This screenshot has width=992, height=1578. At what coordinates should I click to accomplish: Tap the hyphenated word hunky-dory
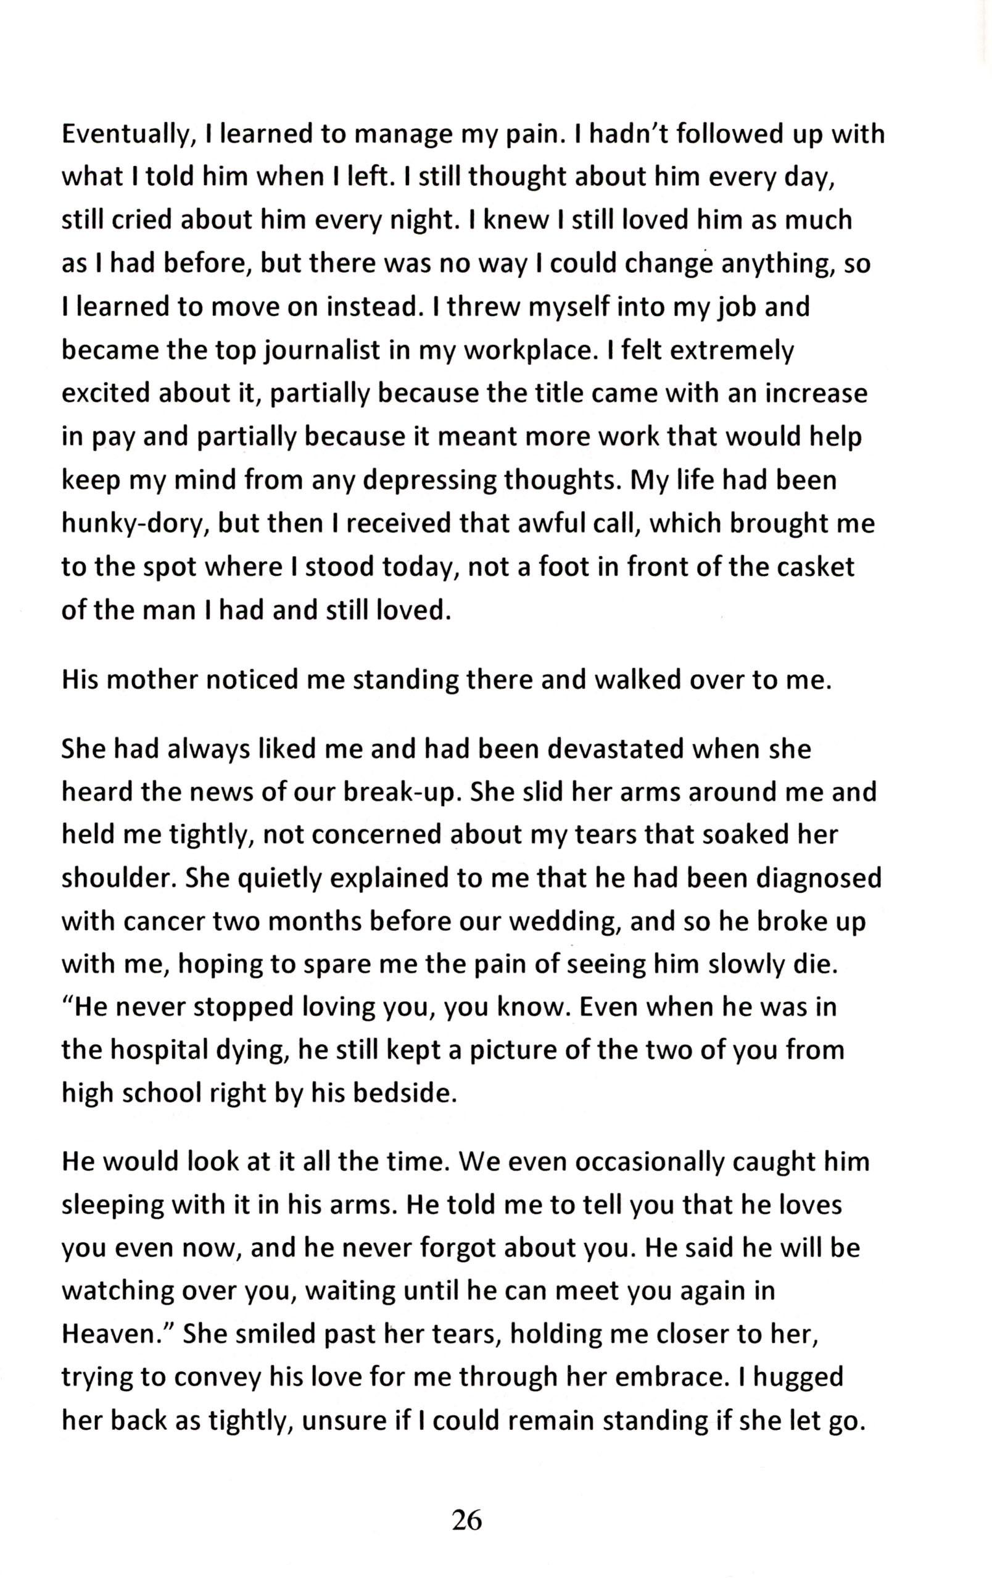[133, 525]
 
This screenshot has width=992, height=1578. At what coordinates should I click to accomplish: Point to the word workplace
[527, 351]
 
